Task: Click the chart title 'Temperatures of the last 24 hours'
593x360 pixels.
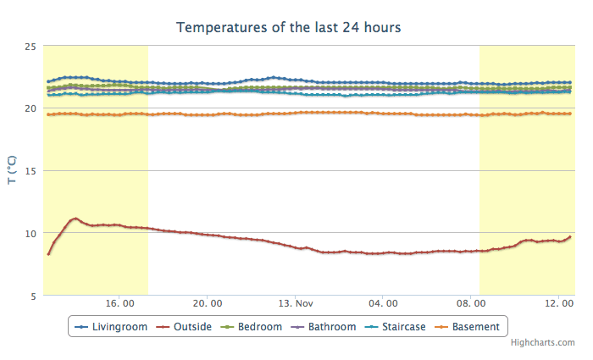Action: [x=288, y=27]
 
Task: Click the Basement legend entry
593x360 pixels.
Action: [x=475, y=326]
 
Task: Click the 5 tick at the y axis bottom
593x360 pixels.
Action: [x=32, y=295]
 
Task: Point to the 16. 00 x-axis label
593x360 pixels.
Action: [x=120, y=302]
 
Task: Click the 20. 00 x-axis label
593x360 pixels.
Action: [x=208, y=302]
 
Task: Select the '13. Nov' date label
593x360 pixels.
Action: [x=296, y=302]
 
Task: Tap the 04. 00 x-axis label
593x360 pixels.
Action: [x=383, y=302]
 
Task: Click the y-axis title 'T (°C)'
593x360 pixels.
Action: [x=12, y=170]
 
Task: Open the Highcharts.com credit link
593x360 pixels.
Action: [x=542, y=342]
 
